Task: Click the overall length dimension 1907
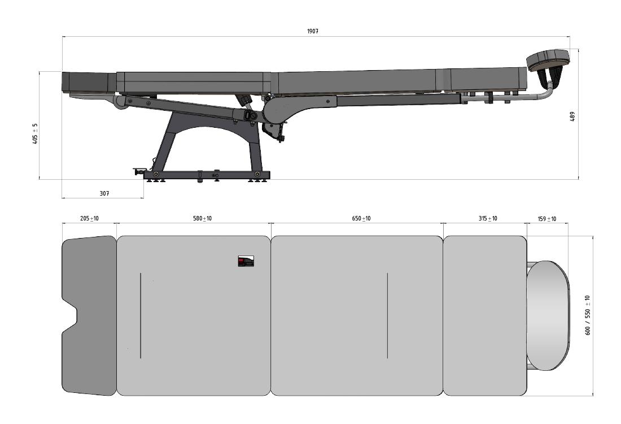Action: pos(313,31)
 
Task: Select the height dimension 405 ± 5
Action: pos(35,133)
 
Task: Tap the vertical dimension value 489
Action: pos(572,116)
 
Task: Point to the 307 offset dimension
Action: pos(104,193)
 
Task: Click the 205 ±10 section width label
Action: pos(90,219)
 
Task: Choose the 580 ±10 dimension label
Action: pos(202,219)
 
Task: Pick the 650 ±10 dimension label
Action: pos(361,219)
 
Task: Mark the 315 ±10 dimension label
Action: pos(488,219)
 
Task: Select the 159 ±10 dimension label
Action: pos(547,219)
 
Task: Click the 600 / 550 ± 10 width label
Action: pos(587,315)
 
